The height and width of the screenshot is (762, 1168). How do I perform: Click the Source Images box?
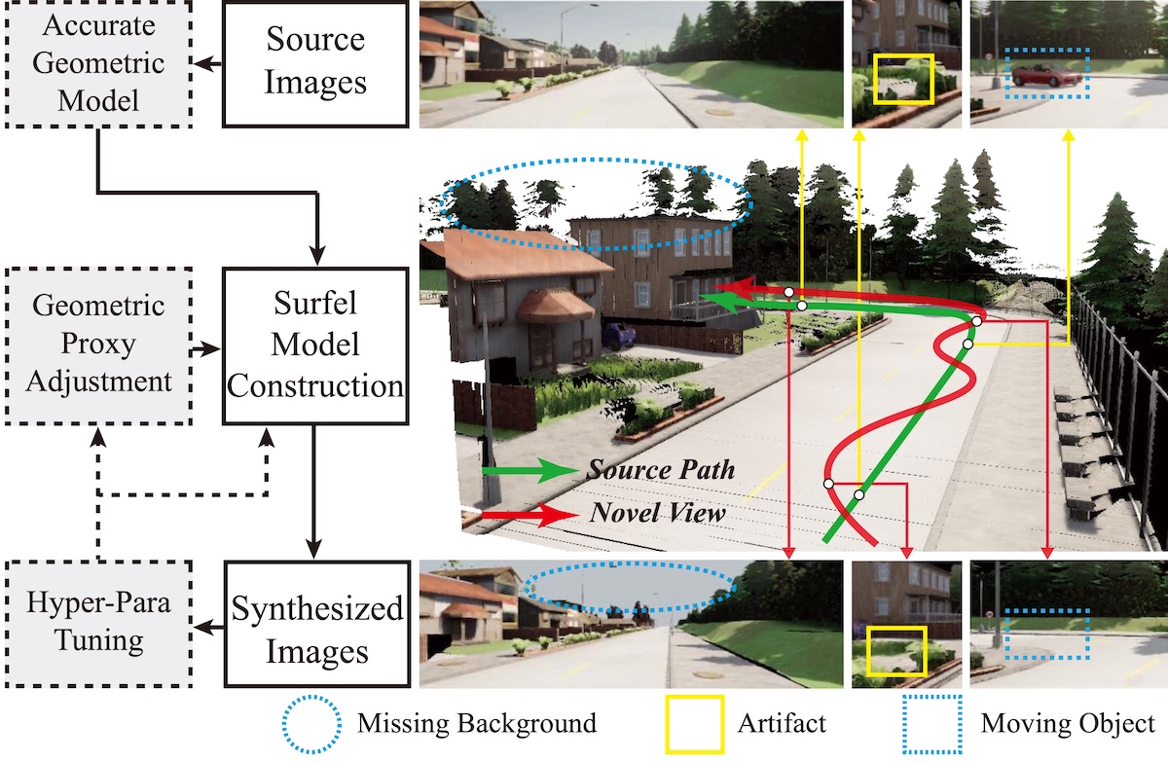point(315,63)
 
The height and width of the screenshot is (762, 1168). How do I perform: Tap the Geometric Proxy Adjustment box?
point(96,344)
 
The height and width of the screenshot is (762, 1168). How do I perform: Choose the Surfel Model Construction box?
point(315,345)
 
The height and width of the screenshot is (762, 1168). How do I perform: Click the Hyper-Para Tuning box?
point(96,622)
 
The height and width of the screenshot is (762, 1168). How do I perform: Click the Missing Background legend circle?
point(310,723)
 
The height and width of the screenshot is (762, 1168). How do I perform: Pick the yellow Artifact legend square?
point(695,723)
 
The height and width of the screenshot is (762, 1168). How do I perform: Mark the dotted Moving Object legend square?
point(931,723)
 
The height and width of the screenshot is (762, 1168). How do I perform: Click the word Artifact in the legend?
point(782,723)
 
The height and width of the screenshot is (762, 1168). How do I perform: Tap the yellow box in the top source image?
point(903,79)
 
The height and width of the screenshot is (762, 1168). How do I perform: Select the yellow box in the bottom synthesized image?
point(894,651)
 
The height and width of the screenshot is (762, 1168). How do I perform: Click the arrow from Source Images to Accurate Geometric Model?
point(206,63)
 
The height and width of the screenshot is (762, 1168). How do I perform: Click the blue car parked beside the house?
point(618,335)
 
